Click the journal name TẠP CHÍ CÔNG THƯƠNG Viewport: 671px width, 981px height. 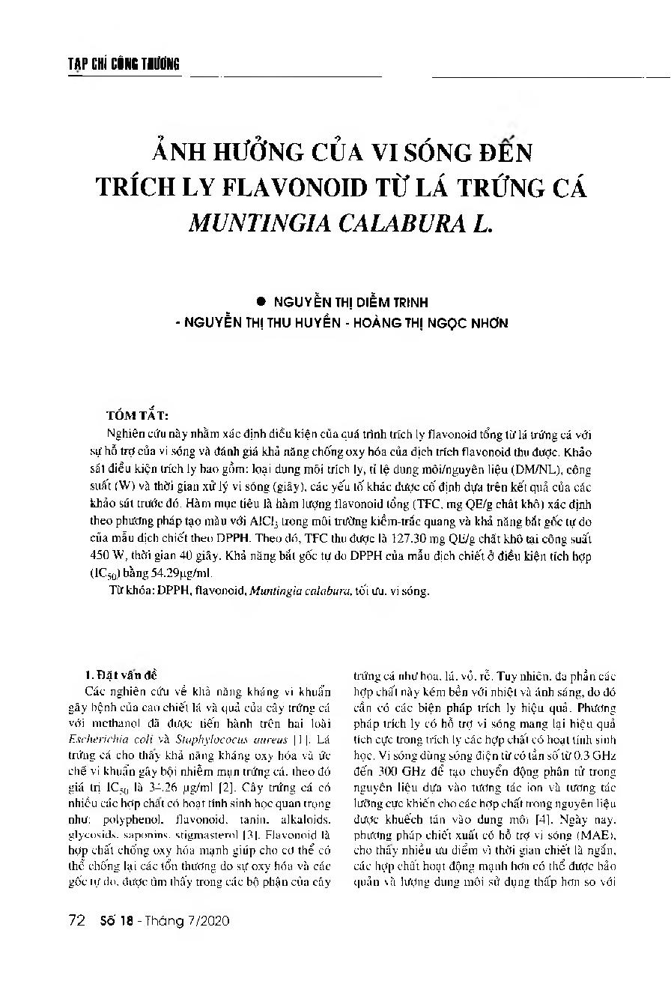119,64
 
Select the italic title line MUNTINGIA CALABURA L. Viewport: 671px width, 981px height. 341,223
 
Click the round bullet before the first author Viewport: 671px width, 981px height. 261,301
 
